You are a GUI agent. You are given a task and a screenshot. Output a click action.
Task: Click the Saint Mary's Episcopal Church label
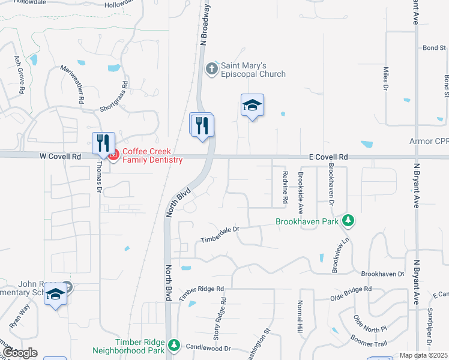coord(253,70)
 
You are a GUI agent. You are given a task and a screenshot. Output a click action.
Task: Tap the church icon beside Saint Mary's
coord(211,69)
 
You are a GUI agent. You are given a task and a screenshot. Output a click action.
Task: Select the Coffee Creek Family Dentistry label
coord(152,156)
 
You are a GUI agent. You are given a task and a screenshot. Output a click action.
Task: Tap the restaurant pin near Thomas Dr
coord(103,143)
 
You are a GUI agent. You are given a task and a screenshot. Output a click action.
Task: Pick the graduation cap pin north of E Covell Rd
coord(253,105)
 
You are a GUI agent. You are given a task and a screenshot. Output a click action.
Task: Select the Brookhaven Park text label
coord(307,221)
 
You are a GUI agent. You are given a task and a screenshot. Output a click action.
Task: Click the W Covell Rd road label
coord(60,156)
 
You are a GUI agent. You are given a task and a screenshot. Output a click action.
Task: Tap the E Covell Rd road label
coord(329,157)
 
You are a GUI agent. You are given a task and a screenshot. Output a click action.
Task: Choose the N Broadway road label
coord(205,23)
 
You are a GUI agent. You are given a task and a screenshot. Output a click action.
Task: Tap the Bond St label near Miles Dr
coord(433,47)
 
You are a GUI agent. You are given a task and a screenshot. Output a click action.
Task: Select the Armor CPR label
coord(429,142)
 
